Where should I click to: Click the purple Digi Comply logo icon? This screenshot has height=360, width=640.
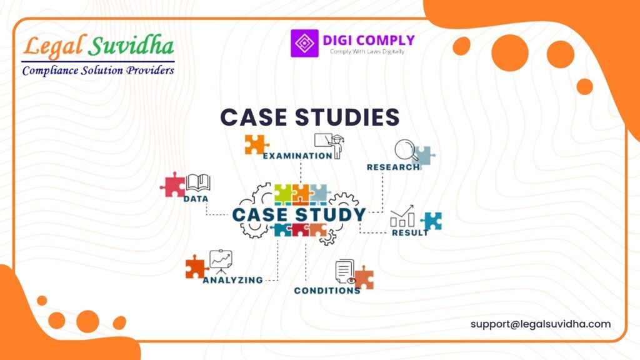point(304,44)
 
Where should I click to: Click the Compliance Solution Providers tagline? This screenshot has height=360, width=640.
point(98,70)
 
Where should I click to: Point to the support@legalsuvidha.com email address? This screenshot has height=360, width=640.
point(541,324)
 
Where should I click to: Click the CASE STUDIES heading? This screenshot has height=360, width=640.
point(310,117)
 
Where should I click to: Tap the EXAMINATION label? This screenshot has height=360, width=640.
point(297,156)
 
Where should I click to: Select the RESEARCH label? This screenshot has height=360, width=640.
point(393,167)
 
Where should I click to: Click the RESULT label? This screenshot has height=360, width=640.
point(410,232)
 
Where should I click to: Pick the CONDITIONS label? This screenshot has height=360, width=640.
point(327,291)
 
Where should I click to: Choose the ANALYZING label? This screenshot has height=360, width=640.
point(232,280)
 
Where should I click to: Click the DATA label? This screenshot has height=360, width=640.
point(196,199)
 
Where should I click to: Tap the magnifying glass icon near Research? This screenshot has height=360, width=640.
point(406,151)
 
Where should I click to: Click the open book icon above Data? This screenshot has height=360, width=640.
point(198,182)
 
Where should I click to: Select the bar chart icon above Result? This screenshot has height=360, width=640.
point(402,216)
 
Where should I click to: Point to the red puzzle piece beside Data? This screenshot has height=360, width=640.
point(172,184)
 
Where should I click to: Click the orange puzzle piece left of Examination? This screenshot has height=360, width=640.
point(256,144)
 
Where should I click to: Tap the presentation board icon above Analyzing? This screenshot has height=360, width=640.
point(220,261)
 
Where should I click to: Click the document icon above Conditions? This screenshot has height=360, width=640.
point(344,271)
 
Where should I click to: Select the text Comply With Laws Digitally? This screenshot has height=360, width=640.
point(367,52)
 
